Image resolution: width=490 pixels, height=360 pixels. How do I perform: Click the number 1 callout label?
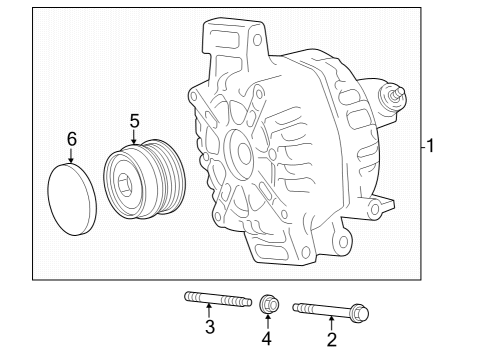430,147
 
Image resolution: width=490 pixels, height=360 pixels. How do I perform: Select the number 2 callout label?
331,341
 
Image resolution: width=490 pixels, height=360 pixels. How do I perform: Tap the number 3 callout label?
209,327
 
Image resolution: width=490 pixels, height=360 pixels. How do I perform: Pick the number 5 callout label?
134,121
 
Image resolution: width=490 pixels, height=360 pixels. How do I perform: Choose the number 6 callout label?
71,139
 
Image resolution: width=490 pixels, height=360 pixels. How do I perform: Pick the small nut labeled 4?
268,303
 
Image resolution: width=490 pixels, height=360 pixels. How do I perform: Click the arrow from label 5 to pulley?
134,141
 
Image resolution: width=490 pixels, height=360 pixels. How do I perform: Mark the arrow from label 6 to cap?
71,157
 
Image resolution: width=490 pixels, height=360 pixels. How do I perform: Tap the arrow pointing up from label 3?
209,312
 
